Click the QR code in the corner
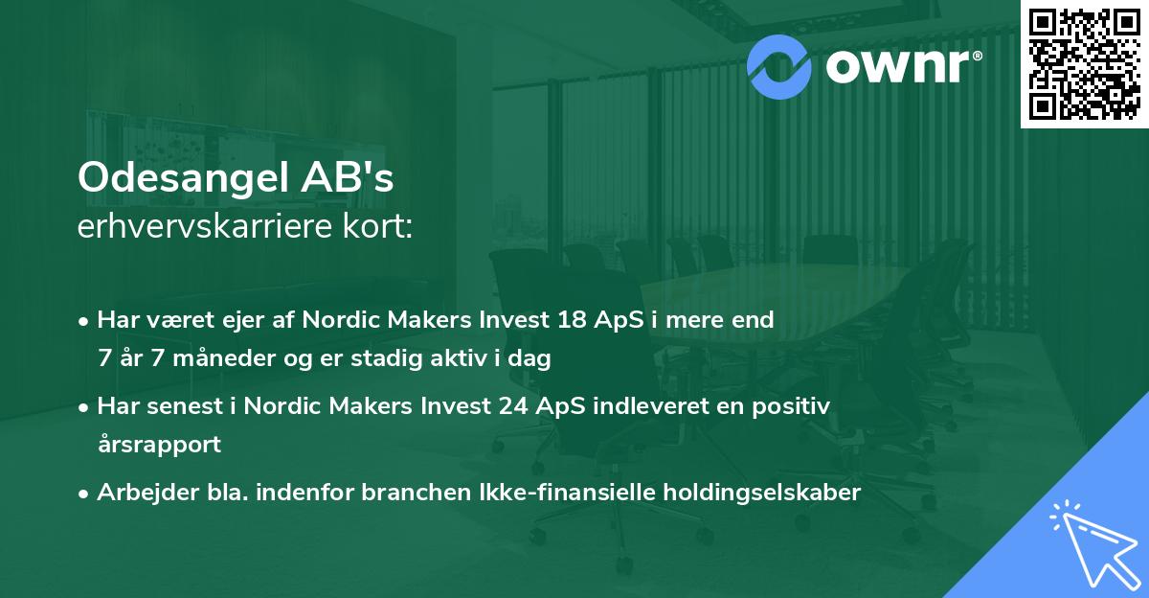(x=1085, y=63)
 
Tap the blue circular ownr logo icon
(x=779, y=66)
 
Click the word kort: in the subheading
(x=380, y=227)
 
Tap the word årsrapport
(x=159, y=444)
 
